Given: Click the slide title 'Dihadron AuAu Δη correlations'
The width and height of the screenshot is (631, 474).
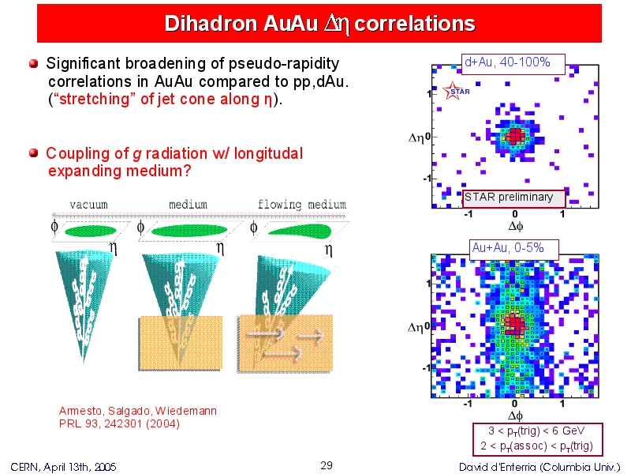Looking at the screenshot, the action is click(319, 24).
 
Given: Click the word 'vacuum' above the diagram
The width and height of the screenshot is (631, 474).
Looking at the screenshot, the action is click(88, 205).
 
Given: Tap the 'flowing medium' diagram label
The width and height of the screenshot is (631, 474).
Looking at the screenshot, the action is click(302, 205).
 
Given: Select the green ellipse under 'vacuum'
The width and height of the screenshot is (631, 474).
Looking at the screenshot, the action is click(91, 231).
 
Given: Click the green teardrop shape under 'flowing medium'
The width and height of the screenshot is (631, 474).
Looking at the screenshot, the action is click(300, 231).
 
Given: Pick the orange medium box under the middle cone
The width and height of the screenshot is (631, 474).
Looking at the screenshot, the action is click(181, 343).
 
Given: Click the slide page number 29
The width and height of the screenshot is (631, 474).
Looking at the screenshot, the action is click(327, 465).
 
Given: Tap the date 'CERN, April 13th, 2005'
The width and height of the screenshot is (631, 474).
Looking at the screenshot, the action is click(63, 467).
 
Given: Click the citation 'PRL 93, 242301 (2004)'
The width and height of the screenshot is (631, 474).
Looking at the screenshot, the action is click(119, 424).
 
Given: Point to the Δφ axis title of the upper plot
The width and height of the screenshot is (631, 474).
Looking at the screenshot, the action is click(516, 226).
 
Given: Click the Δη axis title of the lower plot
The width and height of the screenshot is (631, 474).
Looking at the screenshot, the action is click(416, 327).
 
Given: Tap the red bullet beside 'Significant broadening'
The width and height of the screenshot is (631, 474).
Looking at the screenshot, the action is click(33, 64).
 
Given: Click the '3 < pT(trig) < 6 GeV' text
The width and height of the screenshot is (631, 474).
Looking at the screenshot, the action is click(536, 431).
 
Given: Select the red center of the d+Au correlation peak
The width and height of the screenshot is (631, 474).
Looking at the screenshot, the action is click(515, 135).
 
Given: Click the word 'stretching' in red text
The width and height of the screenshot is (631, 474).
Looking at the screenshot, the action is click(94, 100).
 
